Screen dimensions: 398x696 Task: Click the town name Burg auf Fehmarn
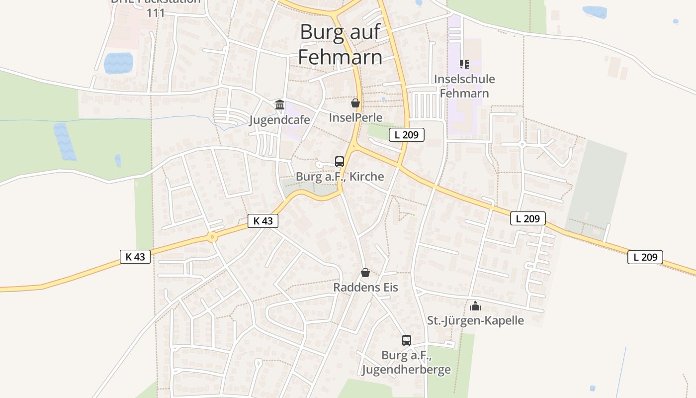click(x=341, y=45)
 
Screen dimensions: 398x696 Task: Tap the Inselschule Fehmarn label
click(x=464, y=86)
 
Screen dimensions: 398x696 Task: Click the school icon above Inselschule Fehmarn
click(x=464, y=64)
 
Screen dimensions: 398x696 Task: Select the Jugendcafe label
click(x=279, y=120)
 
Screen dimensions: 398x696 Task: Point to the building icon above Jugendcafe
click(x=280, y=105)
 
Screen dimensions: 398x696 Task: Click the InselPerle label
click(x=355, y=117)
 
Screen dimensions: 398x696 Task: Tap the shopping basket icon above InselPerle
click(x=355, y=103)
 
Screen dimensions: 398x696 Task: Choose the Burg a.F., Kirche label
click(x=340, y=177)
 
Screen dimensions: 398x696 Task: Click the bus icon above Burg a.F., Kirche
click(x=340, y=162)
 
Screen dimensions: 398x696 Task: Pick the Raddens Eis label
click(x=365, y=288)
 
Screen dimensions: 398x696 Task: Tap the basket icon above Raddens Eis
click(x=365, y=273)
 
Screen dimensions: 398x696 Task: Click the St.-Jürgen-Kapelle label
click(x=475, y=320)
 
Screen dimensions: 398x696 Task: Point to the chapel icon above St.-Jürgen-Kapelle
click(x=475, y=305)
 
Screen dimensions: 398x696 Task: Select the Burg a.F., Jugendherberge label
click(x=406, y=362)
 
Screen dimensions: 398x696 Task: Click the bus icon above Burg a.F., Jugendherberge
click(x=407, y=340)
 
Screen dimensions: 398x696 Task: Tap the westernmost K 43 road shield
click(x=135, y=257)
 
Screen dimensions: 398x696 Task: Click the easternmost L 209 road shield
click(x=645, y=257)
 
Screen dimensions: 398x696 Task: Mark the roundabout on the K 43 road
click(x=213, y=237)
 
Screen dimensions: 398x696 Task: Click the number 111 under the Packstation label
click(x=156, y=13)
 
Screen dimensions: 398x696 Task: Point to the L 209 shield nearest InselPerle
click(x=406, y=134)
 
